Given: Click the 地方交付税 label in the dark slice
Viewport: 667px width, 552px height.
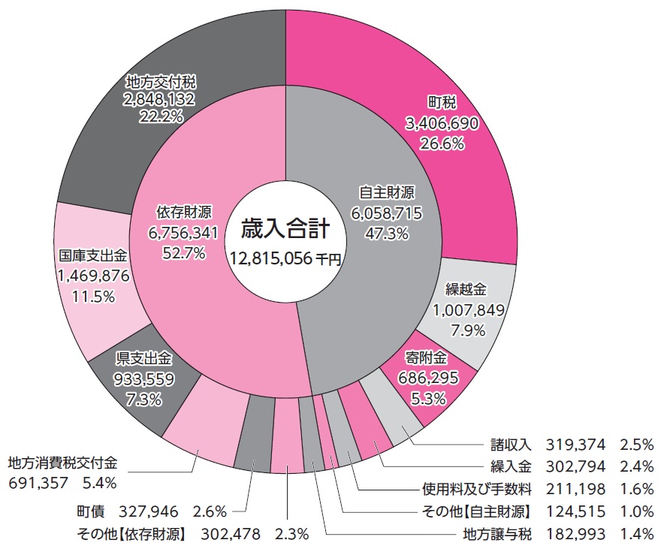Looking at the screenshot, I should coord(161,82).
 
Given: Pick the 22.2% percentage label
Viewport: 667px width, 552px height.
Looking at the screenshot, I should coord(161,117).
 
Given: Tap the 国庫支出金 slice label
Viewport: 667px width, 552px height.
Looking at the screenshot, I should coord(94,255).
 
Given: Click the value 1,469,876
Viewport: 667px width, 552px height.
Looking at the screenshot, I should coord(94,276).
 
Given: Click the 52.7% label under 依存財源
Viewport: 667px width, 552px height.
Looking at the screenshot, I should coord(184,253).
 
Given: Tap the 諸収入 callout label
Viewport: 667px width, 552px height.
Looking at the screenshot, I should coord(510,444).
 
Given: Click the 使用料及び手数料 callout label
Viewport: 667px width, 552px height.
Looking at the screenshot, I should coord(476,490).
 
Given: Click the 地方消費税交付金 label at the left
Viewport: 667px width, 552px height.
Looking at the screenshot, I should coord(63,461).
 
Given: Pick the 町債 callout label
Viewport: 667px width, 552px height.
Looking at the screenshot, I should coord(91,512).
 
